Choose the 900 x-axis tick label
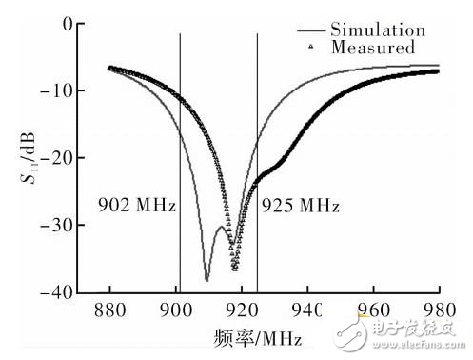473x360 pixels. point(175,310)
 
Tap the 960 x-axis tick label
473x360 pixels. point(373,310)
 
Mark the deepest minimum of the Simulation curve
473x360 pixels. point(207,281)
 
